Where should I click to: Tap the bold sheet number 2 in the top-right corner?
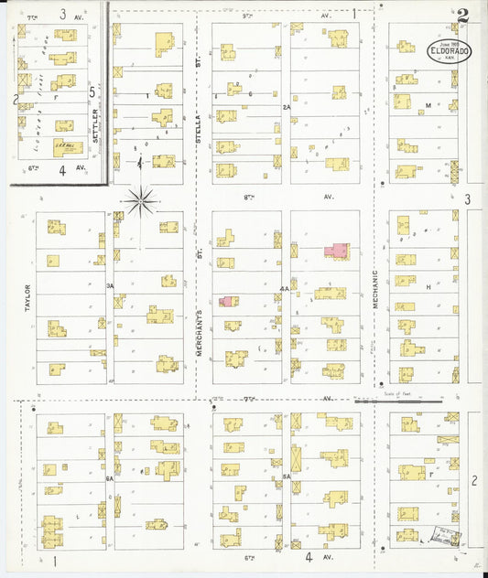click(x=463, y=16)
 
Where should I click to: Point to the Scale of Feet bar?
click(x=397, y=400)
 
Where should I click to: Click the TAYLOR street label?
click(x=27, y=298)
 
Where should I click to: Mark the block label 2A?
click(x=286, y=107)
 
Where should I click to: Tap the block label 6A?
click(x=109, y=478)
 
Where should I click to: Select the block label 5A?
click(x=286, y=476)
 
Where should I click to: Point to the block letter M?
click(x=428, y=106)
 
